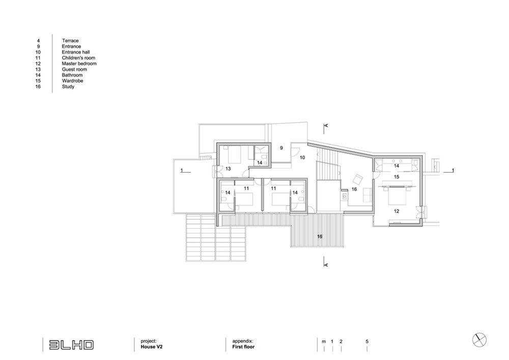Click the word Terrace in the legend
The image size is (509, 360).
point(70,41)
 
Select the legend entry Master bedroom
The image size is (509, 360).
point(79,64)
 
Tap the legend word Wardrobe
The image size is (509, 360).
point(73,81)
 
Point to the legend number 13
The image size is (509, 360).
point(38,69)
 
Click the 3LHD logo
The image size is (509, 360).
point(71,345)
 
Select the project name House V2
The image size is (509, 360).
point(152,347)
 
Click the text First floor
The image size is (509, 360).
point(243,347)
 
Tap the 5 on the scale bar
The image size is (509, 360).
point(367,342)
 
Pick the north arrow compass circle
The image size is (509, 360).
point(479,340)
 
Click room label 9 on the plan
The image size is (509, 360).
point(281,148)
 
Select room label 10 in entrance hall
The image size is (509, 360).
point(302,157)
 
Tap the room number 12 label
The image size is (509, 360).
point(397,211)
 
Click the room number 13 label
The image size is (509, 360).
point(228,169)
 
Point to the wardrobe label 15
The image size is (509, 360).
point(397,177)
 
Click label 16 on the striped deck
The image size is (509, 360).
point(320,237)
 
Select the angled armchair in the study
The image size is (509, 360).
point(358,179)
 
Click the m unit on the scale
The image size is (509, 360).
point(324,342)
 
